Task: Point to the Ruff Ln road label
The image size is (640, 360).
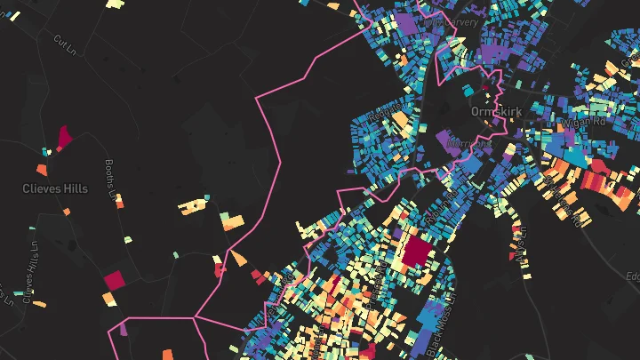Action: coord(521,240)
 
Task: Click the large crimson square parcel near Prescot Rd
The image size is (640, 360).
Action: coord(415,251)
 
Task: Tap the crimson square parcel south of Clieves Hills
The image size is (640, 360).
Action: coord(115,281)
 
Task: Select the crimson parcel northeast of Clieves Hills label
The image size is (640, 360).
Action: coord(64,137)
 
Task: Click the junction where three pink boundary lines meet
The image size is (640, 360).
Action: coord(195,317)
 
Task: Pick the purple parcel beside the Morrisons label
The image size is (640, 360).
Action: coord(444,140)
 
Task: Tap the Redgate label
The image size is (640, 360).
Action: coord(380,116)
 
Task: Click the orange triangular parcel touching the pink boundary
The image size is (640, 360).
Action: coord(239,259)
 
